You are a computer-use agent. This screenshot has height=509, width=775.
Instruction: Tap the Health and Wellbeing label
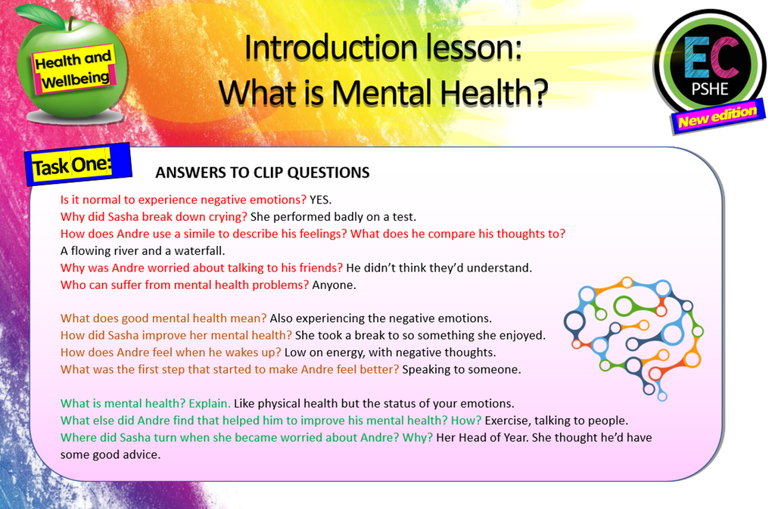[x=74, y=68]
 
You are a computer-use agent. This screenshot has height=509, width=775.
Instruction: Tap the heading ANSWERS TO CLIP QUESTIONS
[x=262, y=173]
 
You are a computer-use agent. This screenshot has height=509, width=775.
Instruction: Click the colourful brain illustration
[x=631, y=336]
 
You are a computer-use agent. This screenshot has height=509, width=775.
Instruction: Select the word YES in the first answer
[x=320, y=200]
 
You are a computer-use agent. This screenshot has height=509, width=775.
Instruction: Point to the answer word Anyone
[x=334, y=285]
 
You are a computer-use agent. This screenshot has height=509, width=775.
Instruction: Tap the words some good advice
[x=110, y=455]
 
